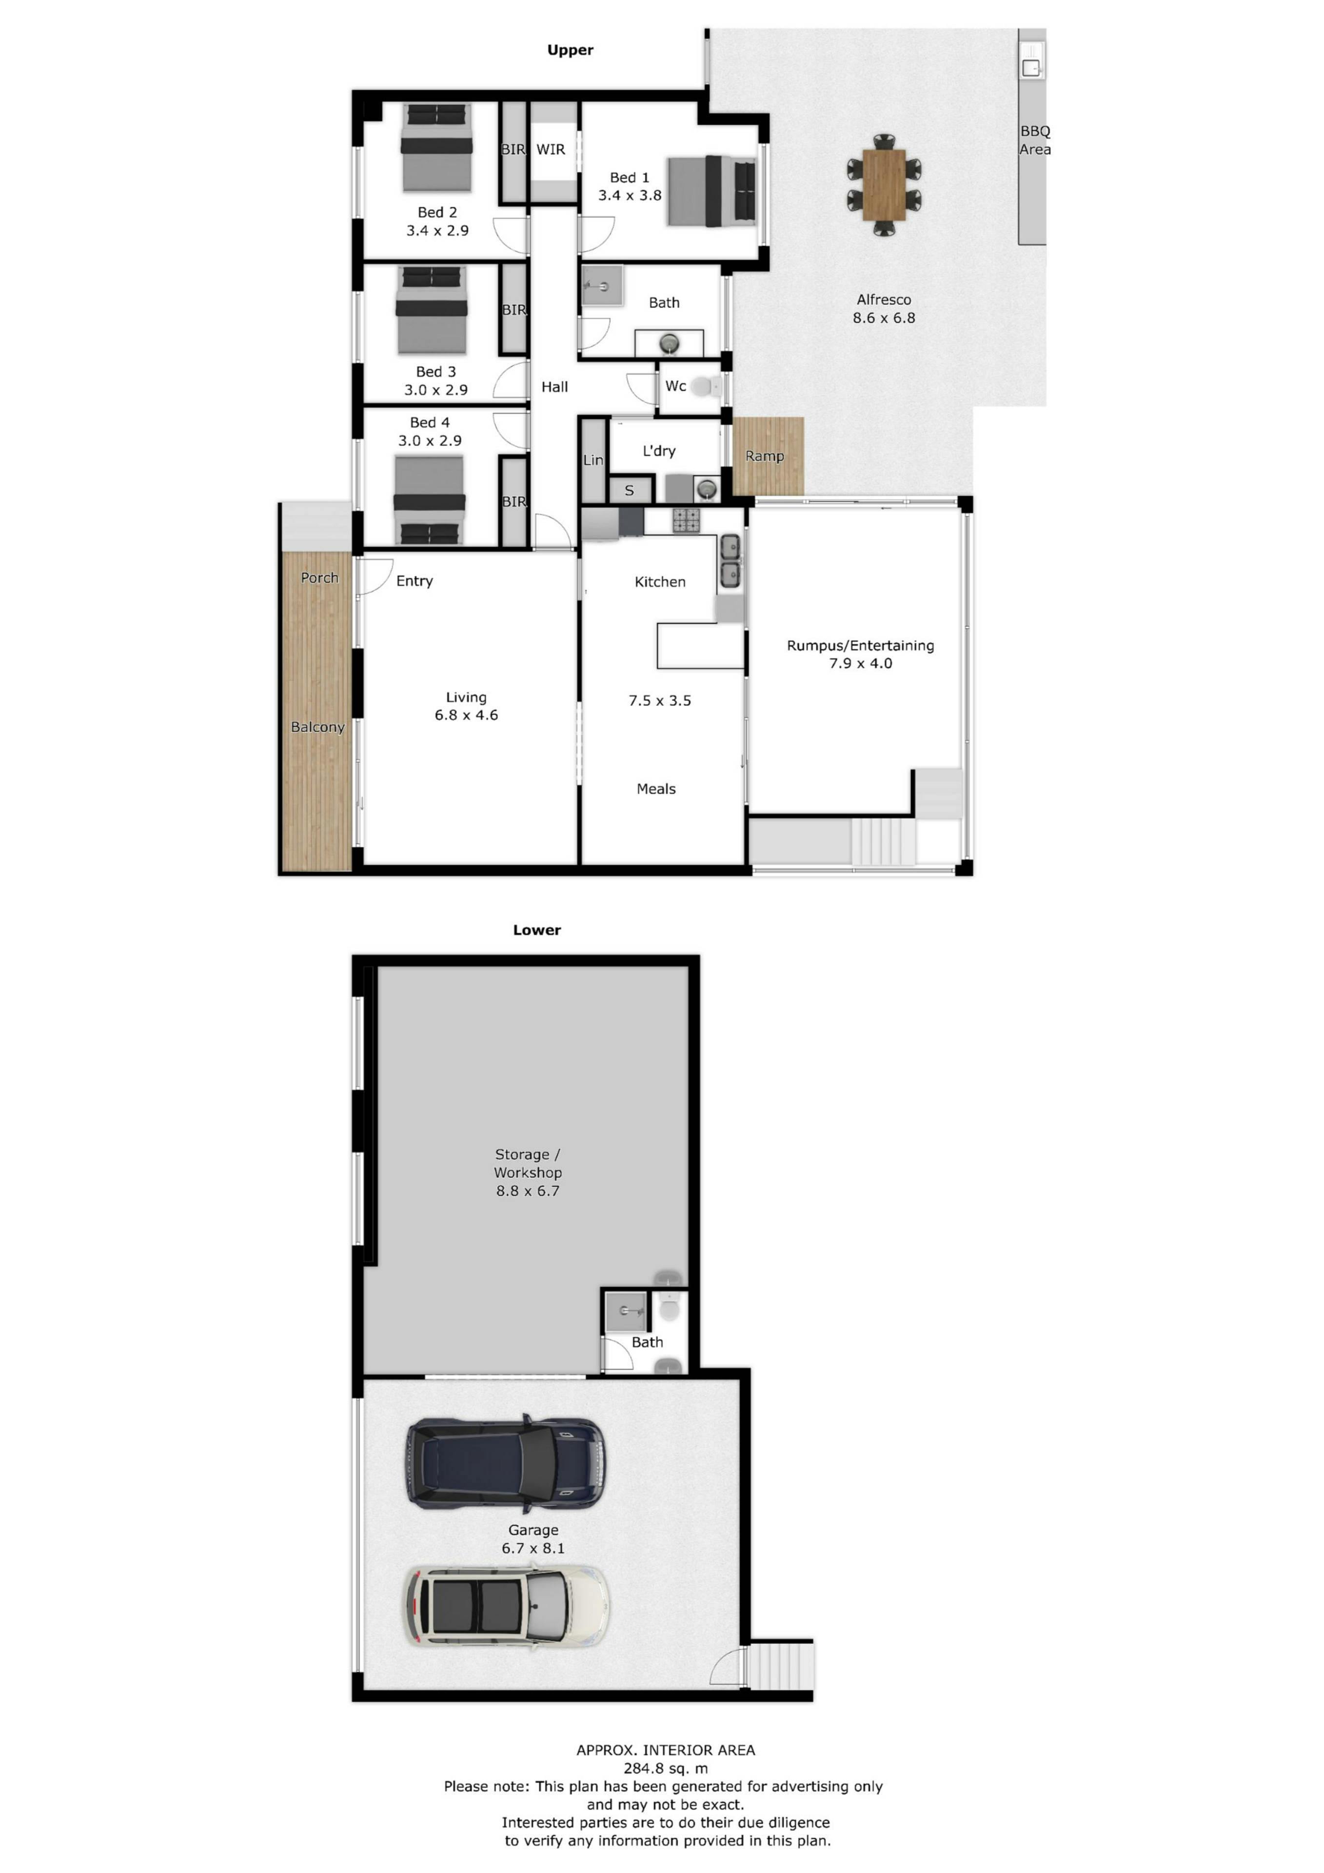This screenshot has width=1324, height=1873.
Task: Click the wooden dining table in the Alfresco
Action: point(884,184)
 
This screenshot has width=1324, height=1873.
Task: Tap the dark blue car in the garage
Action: point(506,1462)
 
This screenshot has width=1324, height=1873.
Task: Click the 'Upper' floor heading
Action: point(570,50)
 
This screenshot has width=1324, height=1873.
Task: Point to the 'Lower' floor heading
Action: point(537,930)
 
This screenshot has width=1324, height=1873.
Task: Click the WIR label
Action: point(551,149)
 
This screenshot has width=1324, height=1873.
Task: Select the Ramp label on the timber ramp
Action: point(764,456)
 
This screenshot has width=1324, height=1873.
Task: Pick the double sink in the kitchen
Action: point(730,561)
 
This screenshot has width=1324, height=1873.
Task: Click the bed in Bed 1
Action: point(711,191)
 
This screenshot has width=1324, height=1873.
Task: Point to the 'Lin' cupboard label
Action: point(593,460)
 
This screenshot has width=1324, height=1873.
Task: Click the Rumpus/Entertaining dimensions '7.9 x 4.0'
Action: point(861,663)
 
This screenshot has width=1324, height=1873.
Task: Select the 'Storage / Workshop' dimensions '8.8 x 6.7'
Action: point(528,1191)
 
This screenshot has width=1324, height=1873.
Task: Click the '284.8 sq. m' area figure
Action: point(666,1769)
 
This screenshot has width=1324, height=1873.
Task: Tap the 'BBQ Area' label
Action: point(1035,140)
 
